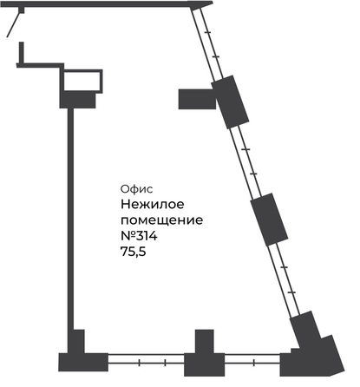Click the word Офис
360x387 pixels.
click(136, 189)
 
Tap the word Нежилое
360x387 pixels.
click(153, 204)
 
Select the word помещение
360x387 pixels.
click(161, 220)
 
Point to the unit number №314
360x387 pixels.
click(139, 236)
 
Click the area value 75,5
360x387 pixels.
click(134, 252)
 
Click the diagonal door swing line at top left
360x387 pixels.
click(14, 25)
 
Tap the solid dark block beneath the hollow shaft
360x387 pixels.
click(77, 100)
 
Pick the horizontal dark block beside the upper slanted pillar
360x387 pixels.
click(197, 99)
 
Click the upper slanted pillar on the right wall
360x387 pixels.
click(230, 102)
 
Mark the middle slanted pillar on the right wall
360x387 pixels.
click(269, 220)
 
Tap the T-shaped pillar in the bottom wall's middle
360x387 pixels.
click(205, 357)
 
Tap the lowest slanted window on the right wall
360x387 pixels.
click(285, 280)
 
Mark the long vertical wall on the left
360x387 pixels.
click(70, 219)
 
